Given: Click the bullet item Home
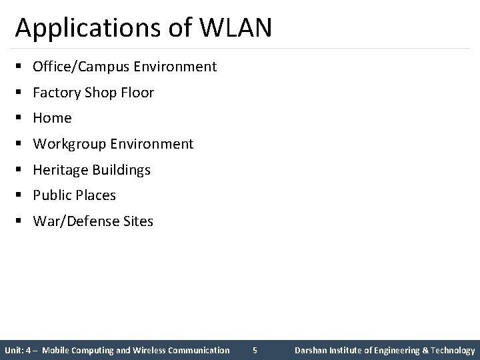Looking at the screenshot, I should tap(52, 118).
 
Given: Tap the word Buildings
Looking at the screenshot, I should tap(122, 170).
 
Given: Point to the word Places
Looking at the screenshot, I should tap(95, 195).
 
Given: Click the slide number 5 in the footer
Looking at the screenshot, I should tap(255, 350).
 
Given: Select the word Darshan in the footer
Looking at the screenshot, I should tap(313, 350).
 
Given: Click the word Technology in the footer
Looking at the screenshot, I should tap(453, 350).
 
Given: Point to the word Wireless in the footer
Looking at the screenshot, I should tap(151, 350).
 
